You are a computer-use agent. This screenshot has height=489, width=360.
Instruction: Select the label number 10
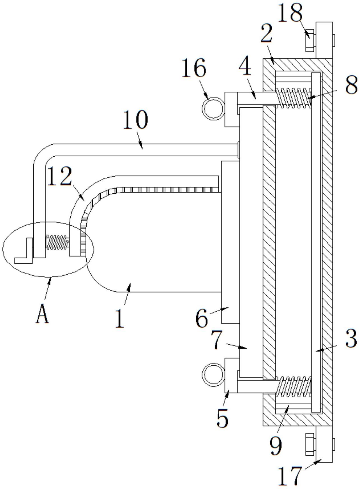135,120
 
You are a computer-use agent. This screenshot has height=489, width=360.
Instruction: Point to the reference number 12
59,176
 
